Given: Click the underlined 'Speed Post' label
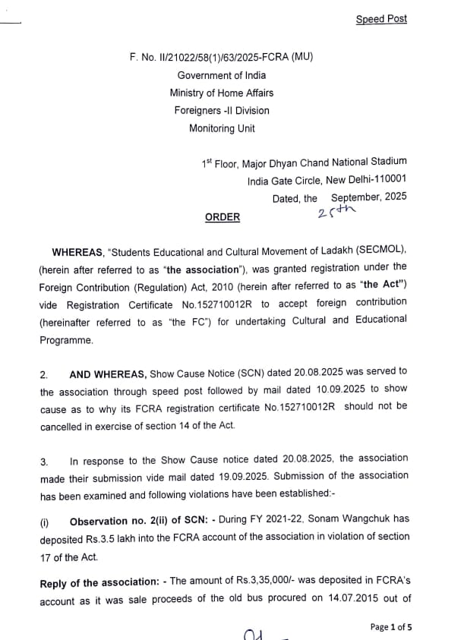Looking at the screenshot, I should (381, 19).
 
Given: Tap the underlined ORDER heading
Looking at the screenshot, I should (222, 217).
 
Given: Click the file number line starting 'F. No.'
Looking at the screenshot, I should (221, 57).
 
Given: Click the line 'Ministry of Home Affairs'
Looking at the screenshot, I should (222, 93).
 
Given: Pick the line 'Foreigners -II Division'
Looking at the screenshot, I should (222, 111).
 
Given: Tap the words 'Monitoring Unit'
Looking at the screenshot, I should (222, 128).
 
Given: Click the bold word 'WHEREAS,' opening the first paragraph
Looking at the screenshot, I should (78, 251).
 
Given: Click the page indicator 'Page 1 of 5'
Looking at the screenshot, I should (391, 627).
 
